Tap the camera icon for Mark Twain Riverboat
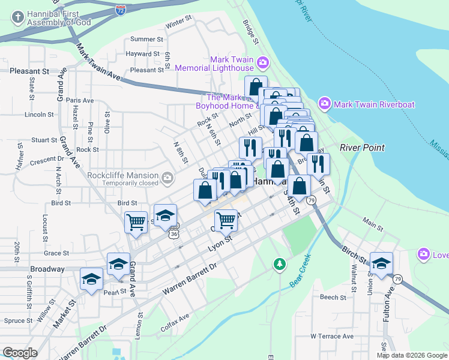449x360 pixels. (325, 104)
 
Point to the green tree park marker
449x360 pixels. (279, 263)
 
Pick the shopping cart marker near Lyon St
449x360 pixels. (226, 220)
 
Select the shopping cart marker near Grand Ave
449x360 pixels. (136, 221)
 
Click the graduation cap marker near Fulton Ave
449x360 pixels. (381, 262)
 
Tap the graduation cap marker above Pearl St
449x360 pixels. (91, 279)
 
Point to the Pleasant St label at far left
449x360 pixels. (29, 71)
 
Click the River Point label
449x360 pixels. (361, 148)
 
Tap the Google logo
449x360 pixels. (20, 352)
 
